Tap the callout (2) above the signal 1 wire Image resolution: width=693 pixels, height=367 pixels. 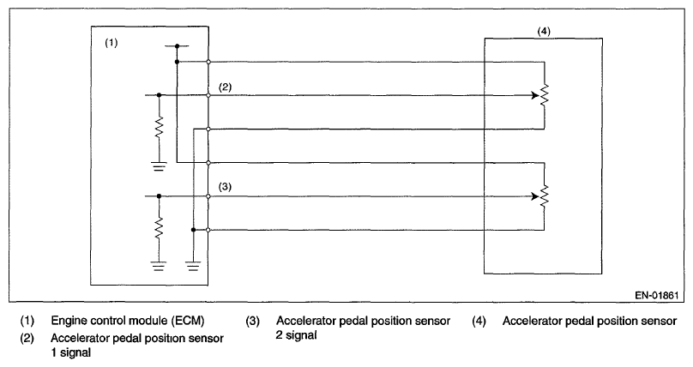(226, 87)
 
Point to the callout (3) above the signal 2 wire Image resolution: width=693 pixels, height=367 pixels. (226, 186)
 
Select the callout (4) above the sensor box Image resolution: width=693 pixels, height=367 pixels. (544, 32)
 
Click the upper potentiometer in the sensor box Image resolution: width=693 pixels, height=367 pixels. (544, 96)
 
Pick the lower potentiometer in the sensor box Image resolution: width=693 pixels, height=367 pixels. (544, 196)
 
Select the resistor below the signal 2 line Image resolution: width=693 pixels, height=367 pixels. (160, 229)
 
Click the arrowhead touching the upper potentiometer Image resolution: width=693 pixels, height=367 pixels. (533, 96)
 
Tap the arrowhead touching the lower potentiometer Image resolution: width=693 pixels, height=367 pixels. (533, 196)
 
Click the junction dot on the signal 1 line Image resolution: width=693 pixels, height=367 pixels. (160, 96)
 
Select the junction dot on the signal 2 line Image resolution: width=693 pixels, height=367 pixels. (160, 196)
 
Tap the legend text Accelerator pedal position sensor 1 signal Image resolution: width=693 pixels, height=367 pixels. (137, 344)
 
